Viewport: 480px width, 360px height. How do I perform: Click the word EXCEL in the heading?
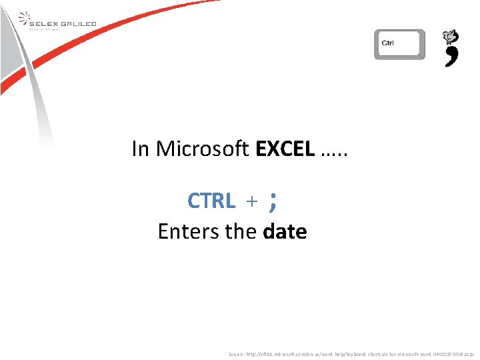[285, 149]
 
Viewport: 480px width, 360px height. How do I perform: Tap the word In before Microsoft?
[140, 149]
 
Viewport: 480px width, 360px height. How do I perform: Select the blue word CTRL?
[211, 200]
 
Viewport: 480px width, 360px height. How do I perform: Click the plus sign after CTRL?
[252, 201]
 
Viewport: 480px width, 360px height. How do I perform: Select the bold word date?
[285, 232]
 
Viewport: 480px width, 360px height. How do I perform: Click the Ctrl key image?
[399, 45]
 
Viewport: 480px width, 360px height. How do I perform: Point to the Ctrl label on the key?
[387, 43]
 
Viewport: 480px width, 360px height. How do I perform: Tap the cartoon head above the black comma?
[451, 37]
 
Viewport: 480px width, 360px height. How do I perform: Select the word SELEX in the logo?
[45, 23]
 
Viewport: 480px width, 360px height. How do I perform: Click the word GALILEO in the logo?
[80, 23]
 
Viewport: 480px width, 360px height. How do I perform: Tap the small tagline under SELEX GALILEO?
[44, 29]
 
